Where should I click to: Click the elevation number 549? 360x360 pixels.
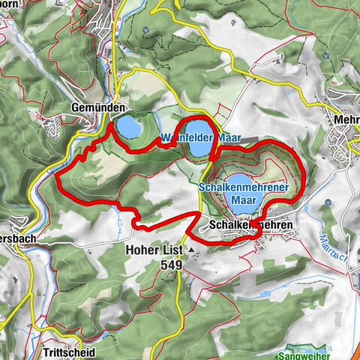170,265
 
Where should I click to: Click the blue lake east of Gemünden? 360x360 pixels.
127,127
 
